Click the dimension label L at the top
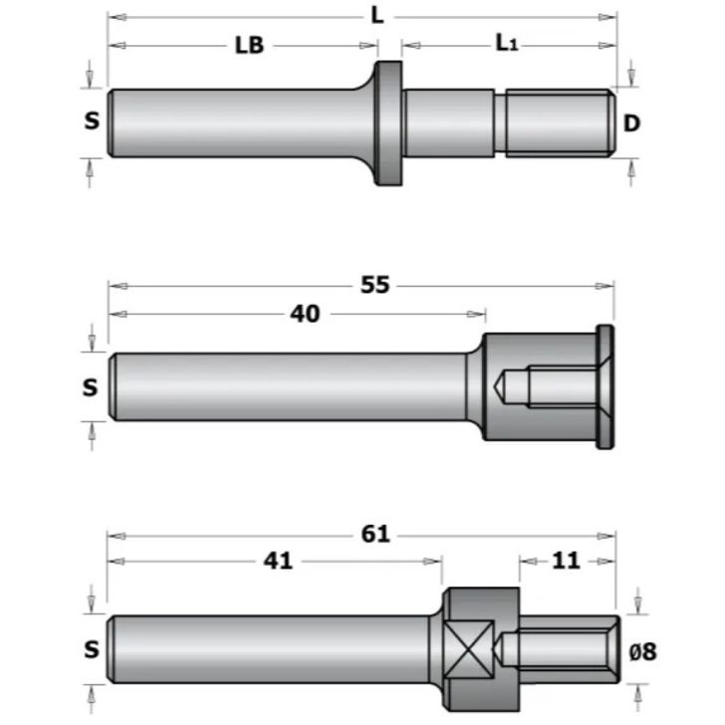(377, 16)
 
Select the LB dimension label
(249, 46)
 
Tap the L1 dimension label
(506, 43)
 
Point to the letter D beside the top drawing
(630, 123)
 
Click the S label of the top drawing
(92, 121)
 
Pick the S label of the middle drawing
(91, 387)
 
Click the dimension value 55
(374, 286)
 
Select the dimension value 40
(305, 315)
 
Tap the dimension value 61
(374, 535)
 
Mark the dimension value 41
(279, 562)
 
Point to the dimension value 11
(565, 562)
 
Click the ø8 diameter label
(643, 651)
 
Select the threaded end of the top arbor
(559, 121)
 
